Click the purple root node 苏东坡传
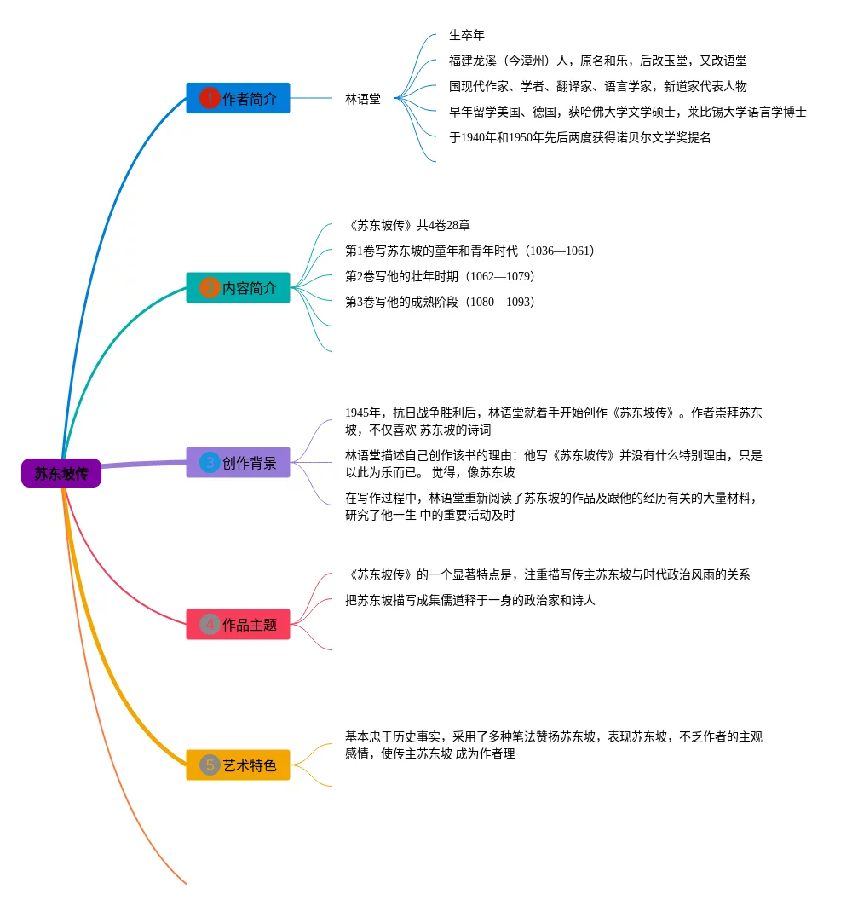tap(61, 473)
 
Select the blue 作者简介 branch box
tap(238, 98)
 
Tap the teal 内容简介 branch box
tap(238, 288)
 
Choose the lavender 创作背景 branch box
tap(238, 462)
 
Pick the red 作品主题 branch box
tap(238, 624)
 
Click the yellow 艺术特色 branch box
tap(238, 765)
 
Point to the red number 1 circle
tap(209, 98)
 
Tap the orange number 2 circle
tap(209, 288)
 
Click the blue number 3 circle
tap(209, 462)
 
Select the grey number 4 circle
tap(209, 624)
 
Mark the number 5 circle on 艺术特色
tap(209, 765)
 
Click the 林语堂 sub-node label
tap(363, 99)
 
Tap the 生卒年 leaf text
tap(467, 35)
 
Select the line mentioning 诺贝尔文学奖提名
tap(580, 137)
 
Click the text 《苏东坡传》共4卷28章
tap(407, 225)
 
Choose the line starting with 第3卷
tap(440, 302)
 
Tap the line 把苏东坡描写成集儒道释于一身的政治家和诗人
tap(469, 600)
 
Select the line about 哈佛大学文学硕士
tap(627, 113)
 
